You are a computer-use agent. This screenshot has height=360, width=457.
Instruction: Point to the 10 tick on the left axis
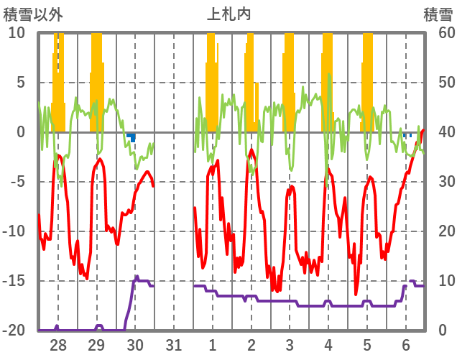(x=17, y=33)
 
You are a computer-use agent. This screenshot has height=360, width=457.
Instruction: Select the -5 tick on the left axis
(x=17, y=182)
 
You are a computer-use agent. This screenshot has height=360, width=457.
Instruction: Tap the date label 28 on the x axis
(x=57, y=344)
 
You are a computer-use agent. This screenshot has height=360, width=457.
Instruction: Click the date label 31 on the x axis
(x=174, y=344)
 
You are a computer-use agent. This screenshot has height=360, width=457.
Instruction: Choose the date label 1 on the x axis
(x=213, y=344)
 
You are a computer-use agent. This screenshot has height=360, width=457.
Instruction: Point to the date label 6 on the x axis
(x=405, y=344)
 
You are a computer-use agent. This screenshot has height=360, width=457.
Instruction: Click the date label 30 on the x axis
(x=135, y=344)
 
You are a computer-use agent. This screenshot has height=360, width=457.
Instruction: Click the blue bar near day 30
(x=133, y=137)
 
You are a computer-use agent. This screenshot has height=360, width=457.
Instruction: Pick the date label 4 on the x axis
(x=328, y=344)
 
